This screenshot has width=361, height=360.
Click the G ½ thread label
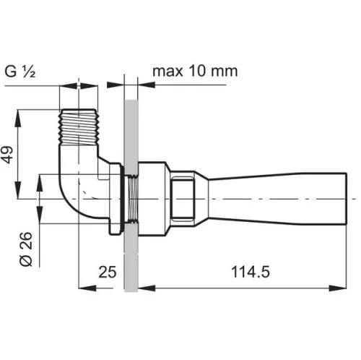[20, 72]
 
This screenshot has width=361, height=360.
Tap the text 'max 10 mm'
[195, 71]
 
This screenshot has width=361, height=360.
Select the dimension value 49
[7, 155]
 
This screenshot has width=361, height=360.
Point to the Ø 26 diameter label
[26, 249]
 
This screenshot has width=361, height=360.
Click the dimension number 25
[108, 272]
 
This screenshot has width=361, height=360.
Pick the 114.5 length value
[251, 272]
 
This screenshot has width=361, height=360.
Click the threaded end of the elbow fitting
[79, 127]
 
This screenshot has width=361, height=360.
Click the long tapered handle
[277, 199]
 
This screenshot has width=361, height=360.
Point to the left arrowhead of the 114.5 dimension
[147, 288]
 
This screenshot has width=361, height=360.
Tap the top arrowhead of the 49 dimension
[17, 119]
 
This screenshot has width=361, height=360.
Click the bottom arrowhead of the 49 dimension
[17, 190]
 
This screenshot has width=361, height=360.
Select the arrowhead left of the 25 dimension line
[87, 288]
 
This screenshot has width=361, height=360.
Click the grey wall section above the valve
[131, 136]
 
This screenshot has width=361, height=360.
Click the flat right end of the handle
[347, 199]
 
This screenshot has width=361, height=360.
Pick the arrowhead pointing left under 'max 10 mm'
[147, 85]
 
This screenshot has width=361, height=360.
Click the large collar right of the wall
[152, 199]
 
